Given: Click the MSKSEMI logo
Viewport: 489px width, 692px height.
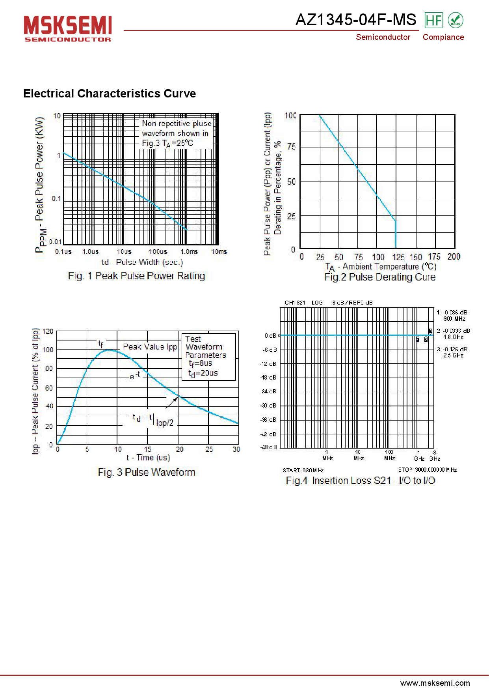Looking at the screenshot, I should (68, 28).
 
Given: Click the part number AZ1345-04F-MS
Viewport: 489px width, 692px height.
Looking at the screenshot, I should (355, 20).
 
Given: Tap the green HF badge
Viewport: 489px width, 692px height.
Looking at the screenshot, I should (433, 20).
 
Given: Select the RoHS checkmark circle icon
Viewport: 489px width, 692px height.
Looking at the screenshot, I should (456, 20).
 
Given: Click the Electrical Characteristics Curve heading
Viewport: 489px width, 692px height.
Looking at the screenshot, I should (110, 94).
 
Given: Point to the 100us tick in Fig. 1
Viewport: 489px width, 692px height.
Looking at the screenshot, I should (158, 252).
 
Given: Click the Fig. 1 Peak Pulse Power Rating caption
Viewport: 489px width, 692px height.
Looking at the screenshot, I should (136, 276).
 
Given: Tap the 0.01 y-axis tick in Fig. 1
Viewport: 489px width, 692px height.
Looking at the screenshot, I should (55, 242).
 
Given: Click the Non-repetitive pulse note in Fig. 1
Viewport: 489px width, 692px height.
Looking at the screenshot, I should (176, 133).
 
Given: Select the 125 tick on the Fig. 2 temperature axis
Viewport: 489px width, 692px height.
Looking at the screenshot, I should (398, 257).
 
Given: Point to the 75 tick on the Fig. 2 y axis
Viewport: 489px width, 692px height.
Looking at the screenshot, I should (292, 147).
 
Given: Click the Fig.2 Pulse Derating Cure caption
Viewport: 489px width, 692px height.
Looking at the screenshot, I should (379, 277).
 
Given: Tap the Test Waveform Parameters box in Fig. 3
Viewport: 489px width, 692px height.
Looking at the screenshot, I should (208, 356).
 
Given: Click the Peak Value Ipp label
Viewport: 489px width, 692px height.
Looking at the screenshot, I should (150, 347).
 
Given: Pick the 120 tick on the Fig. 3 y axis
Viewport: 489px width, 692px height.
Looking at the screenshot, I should (48, 331).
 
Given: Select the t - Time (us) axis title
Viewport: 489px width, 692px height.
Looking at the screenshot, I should (148, 458).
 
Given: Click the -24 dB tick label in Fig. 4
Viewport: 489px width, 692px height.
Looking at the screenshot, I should (269, 391).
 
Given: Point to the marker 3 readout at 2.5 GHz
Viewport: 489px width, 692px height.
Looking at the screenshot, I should (452, 352).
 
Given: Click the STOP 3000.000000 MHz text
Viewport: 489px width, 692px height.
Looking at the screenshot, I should (427, 470).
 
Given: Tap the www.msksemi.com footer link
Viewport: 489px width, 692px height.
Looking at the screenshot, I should (435, 683).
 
